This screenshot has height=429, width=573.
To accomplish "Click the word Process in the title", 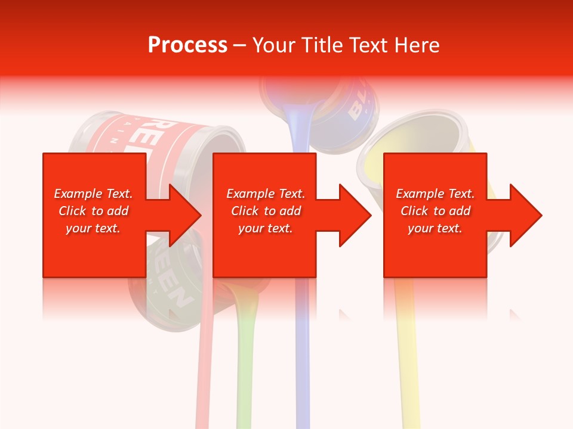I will pyautogui.click(x=187, y=45).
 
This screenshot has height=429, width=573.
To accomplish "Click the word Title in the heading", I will pyautogui.click(x=319, y=45).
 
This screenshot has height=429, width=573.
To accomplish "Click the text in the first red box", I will pyautogui.click(x=93, y=211).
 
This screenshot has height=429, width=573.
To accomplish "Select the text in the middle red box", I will pyautogui.click(x=266, y=211).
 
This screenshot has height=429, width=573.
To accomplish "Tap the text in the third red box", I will pyautogui.click(x=435, y=211).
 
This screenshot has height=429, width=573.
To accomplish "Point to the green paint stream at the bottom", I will pyautogui.click(x=244, y=369).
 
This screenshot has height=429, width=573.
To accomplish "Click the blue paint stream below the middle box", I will pyautogui.click(x=303, y=357).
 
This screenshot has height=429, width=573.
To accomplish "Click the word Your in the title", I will pyautogui.click(x=273, y=45).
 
